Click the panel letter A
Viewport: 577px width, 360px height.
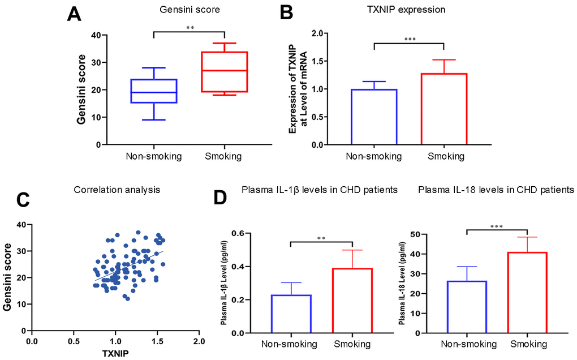pyautogui.click(x=74, y=14)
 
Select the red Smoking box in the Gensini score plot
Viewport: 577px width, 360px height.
pyautogui.click(x=224, y=71)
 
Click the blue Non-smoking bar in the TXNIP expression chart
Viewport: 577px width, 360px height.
pyautogui.click(x=373, y=117)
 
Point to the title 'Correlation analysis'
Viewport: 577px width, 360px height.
pyautogui.click(x=117, y=190)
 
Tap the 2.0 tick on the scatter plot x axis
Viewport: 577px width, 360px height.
pyautogui.click(x=198, y=342)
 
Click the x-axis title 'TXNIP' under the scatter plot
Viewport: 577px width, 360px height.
pyautogui.click(x=115, y=354)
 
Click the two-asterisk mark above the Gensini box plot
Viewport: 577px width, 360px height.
pyautogui.click(x=190, y=27)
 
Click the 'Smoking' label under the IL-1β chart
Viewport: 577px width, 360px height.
pyautogui.click(x=352, y=344)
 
